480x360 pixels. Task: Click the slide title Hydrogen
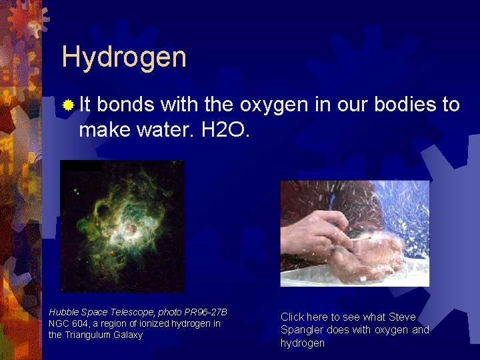pyautogui.click(x=124, y=58)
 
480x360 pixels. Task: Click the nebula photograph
pyautogui.click(x=122, y=226)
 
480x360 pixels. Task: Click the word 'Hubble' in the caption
pyautogui.click(x=63, y=313)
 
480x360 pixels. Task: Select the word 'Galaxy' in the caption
pyautogui.click(x=129, y=335)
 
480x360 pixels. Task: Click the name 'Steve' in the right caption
pyautogui.click(x=401, y=317)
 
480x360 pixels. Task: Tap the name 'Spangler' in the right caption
pyautogui.click(x=301, y=330)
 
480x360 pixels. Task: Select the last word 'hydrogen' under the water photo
pyautogui.click(x=303, y=343)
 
